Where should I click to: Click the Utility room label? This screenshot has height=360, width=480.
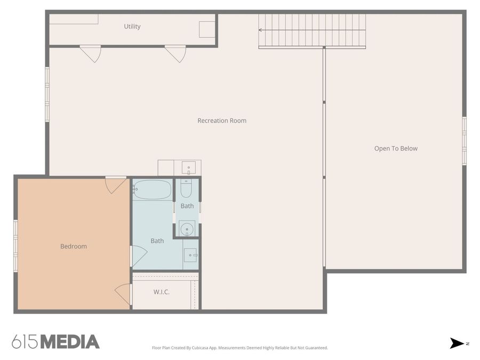pyautogui.click(x=132, y=27)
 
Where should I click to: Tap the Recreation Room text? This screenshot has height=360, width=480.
pyautogui.click(x=222, y=121)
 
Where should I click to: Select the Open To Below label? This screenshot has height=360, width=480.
pyautogui.click(x=396, y=149)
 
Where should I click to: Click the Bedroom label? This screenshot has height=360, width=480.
pyautogui.click(x=74, y=246)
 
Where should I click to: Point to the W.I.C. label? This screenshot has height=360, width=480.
pyautogui.click(x=162, y=292)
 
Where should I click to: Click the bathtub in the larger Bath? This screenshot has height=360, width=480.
pyautogui.click(x=153, y=189)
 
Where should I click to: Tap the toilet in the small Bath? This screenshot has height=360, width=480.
pyautogui.click(x=186, y=188)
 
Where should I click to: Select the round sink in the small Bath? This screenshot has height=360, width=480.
pyautogui.click(x=186, y=229)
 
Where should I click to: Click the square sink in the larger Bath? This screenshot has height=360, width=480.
pyautogui.click(x=190, y=255)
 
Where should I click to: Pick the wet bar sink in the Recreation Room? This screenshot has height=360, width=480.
pyautogui.click(x=188, y=168)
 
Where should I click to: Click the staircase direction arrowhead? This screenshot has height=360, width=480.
pyautogui.click(x=261, y=30)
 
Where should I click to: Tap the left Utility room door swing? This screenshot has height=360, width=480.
pyautogui.click(x=91, y=53)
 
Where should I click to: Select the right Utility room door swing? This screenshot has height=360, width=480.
pyautogui.click(x=175, y=53)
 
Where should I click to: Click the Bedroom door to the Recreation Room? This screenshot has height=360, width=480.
pyautogui.click(x=115, y=185)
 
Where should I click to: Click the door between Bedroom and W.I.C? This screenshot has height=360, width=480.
pyautogui.click(x=123, y=294)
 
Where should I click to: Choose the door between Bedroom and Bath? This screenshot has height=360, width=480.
pyautogui.click(x=138, y=256)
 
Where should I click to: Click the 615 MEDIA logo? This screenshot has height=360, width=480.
pyautogui.click(x=55, y=342)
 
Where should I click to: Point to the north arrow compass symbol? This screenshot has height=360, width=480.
pyautogui.click(x=457, y=343)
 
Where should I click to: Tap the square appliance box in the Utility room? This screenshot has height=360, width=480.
pyautogui.click(x=207, y=29)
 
